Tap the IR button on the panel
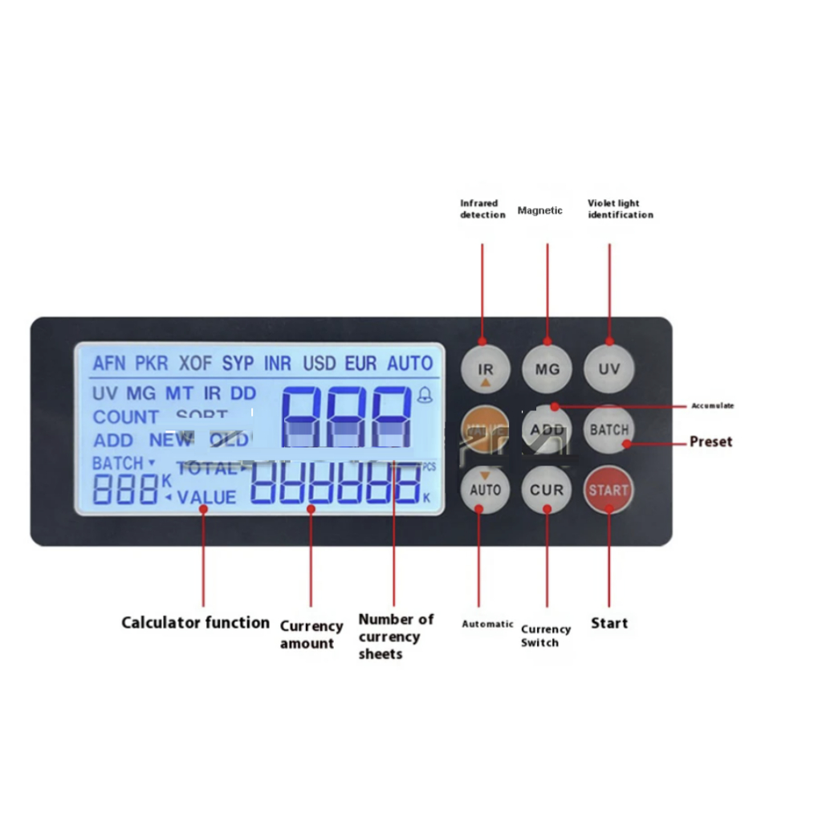tap(485, 369)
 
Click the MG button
tap(547, 369)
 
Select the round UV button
tap(608, 369)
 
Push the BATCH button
tap(609, 429)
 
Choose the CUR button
tap(547, 489)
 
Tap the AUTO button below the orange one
tap(485, 489)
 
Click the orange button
tap(485, 429)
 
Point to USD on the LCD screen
tap(319, 364)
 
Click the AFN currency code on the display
tap(109, 364)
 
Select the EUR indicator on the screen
tap(360, 364)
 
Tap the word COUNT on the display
tap(125, 417)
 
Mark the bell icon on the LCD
tap(425, 394)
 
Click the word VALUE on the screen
tap(206, 498)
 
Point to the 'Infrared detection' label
tap(482, 209)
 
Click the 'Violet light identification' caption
tap(620, 209)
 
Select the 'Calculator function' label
tap(195, 622)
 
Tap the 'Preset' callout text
tap(710, 442)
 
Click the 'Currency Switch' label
tap(545, 636)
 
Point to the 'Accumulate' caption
tap(712, 406)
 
